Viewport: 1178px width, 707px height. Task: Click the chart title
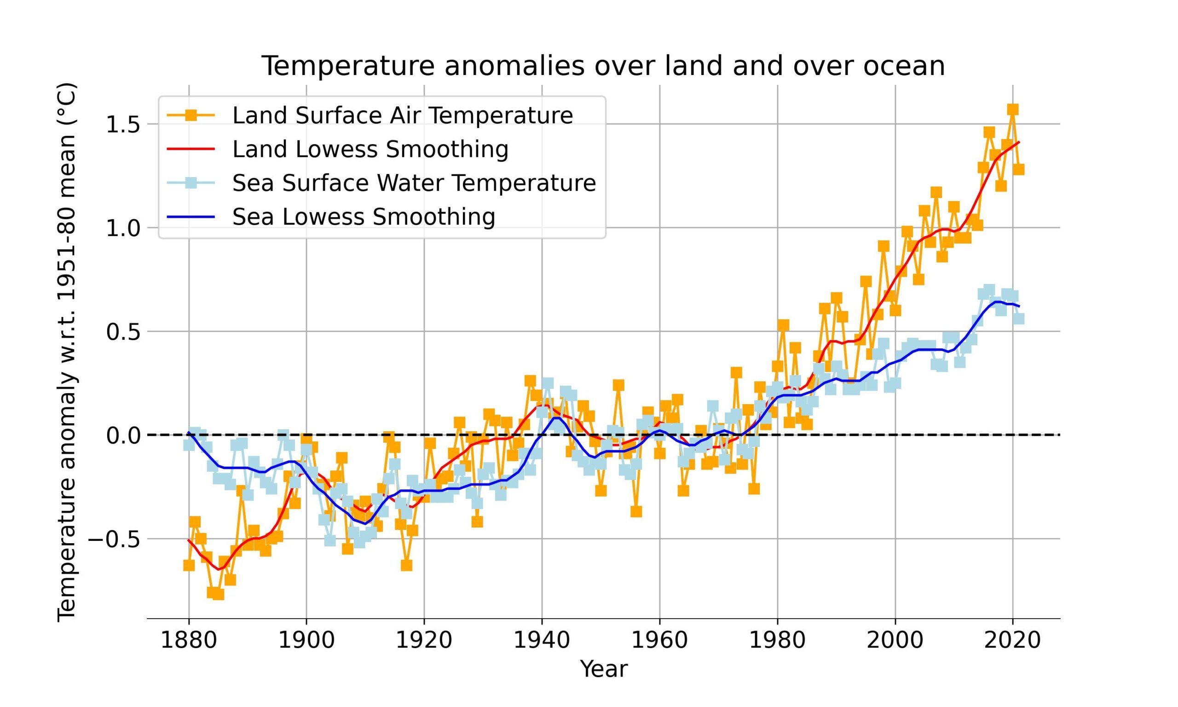tap(603, 66)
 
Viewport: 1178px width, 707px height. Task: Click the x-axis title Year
tap(603, 669)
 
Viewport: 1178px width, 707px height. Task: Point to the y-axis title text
tap(67, 352)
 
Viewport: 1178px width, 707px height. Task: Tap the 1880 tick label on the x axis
tap(189, 640)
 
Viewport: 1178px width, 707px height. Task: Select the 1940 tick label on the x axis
tap(542, 640)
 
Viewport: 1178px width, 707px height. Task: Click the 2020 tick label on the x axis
tap(1013, 640)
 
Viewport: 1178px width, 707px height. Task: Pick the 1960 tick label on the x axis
tap(659, 640)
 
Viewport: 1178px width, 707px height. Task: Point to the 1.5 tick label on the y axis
tap(122, 124)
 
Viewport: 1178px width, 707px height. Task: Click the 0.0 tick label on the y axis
tap(122, 435)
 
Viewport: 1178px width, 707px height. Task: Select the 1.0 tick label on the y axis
tap(122, 228)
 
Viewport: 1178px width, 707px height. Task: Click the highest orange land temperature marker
tap(1013, 110)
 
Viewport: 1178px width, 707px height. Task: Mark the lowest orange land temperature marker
tap(218, 594)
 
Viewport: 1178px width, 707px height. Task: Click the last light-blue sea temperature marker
tap(1018, 319)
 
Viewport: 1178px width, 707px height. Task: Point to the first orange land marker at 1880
tap(189, 565)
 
